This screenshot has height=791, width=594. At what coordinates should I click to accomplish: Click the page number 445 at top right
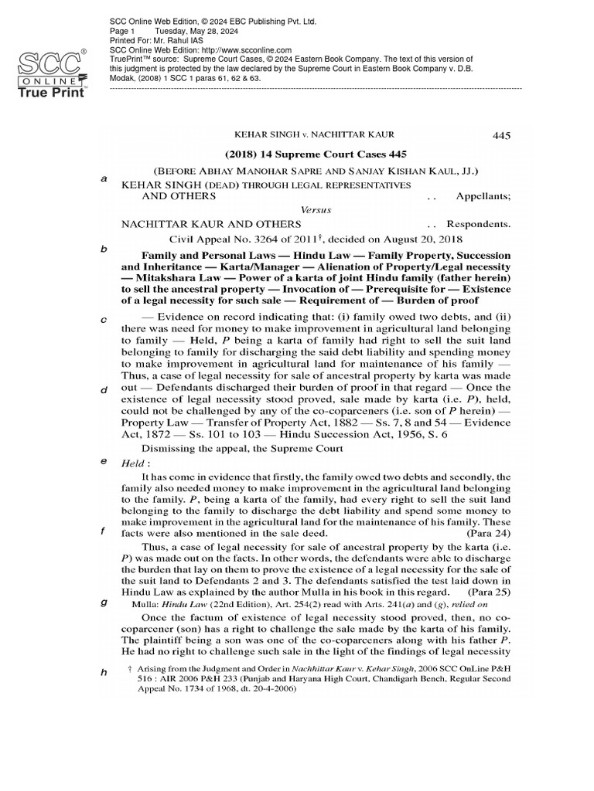pyautogui.click(x=501, y=136)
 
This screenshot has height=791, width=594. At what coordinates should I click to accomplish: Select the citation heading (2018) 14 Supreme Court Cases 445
pyautogui.click(x=316, y=154)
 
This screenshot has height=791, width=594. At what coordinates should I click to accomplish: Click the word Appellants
pyautogui.click(x=483, y=197)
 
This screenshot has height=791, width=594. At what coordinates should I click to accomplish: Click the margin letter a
pyautogui.click(x=104, y=178)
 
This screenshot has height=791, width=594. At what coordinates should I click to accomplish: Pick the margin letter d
pyautogui.click(x=104, y=389)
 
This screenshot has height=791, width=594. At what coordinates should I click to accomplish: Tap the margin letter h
pyautogui.click(x=104, y=673)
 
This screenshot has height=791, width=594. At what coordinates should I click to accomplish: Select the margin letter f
pyautogui.click(x=104, y=533)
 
